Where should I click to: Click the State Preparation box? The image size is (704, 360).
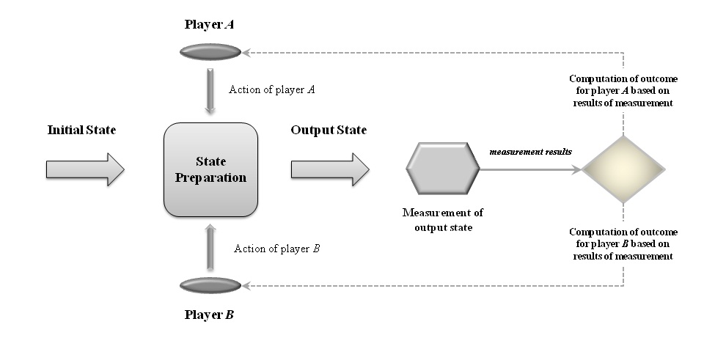click(210, 169)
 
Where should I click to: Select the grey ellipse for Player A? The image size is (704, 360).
click(210, 51)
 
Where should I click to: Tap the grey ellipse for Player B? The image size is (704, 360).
click(210, 284)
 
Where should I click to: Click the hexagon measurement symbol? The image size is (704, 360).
click(443, 169)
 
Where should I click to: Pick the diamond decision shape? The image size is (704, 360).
click(623, 169)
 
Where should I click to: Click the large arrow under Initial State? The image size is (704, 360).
click(85, 169)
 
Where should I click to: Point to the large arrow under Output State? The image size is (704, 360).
click(330, 169)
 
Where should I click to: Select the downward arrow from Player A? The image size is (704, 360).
click(210, 90)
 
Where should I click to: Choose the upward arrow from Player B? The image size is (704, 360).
click(210, 248)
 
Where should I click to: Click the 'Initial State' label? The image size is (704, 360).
click(81, 131)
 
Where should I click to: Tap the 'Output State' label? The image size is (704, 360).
click(329, 131)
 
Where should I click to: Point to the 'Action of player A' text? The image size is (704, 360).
click(272, 89)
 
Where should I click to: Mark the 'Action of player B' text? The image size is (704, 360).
click(276, 249)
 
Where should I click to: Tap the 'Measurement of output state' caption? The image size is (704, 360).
click(443, 219)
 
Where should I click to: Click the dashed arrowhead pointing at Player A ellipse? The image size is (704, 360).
click(248, 52)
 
